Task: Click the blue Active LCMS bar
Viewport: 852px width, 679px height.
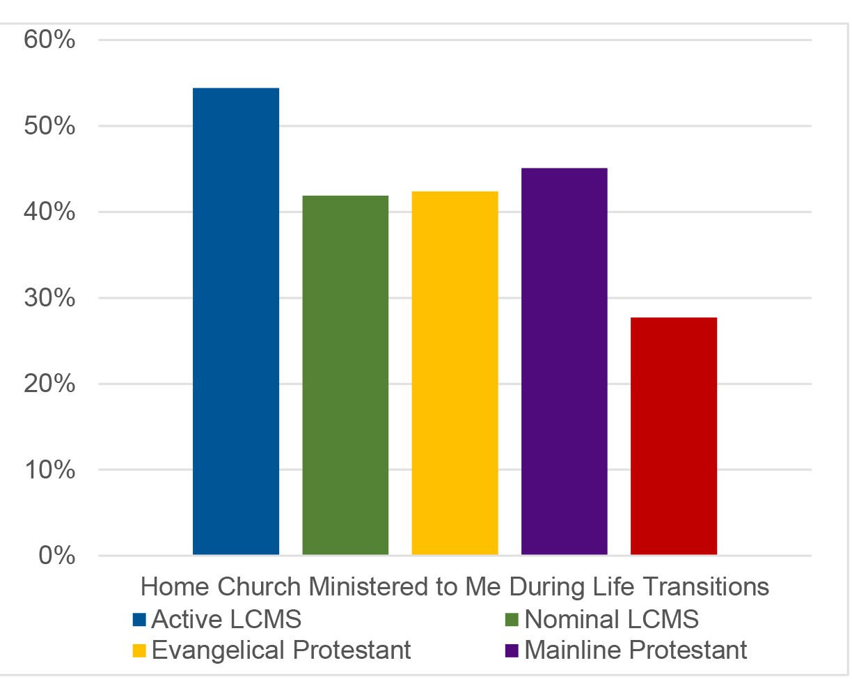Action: pyautogui.click(x=236, y=321)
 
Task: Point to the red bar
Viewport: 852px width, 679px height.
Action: pyautogui.click(x=673, y=436)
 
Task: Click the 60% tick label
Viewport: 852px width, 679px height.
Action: pyautogui.click(x=49, y=40)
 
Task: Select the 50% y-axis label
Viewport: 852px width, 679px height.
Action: pyautogui.click(x=49, y=127)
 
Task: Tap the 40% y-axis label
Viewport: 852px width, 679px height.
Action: pyautogui.click(x=49, y=212)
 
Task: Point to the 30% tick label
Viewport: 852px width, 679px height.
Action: pyautogui.click(x=49, y=298)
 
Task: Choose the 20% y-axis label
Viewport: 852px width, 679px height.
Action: pyautogui.click(x=49, y=384)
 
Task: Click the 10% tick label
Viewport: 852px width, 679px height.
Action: pyautogui.click(x=49, y=470)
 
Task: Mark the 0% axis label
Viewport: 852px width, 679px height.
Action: pyautogui.click(x=56, y=556)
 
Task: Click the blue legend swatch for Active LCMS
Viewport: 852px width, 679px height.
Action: pyautogui.click(x=139, y=619)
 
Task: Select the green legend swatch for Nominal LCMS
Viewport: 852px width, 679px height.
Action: pyautogui.click(x=512, y=619)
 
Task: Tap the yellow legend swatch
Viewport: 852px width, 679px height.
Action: pyautogui.click(x=139, y=651)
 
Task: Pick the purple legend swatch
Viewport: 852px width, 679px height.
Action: pyautogui.click(x=512, y=651)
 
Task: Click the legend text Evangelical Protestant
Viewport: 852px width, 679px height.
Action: pyautogui.click(x=281, y=650)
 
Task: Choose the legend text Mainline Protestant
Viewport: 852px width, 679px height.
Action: pyautogui.click(x=636, y=650)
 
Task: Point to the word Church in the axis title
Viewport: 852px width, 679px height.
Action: pyautogui.click(x=259, y=587)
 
